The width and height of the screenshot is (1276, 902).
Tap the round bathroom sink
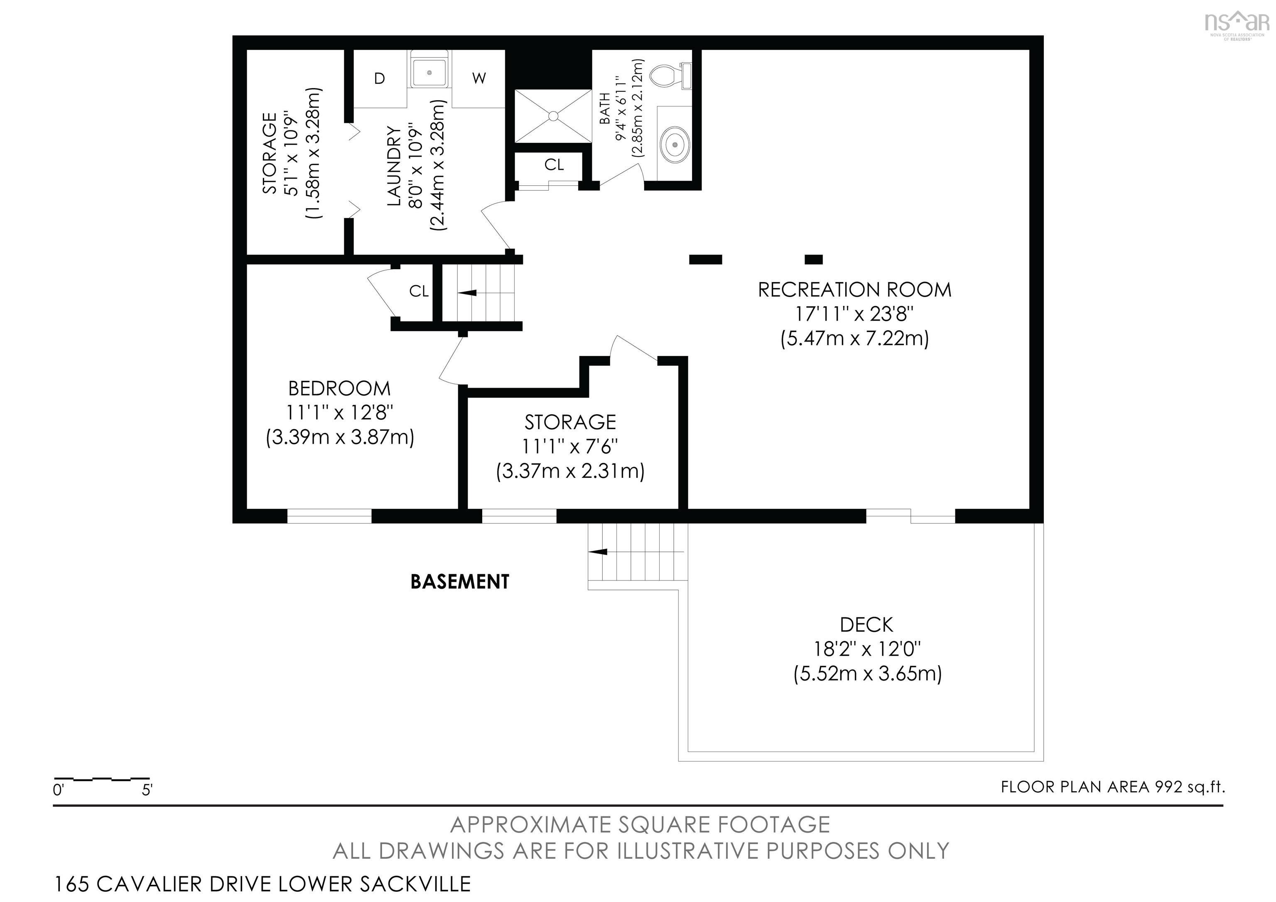click(675, 144)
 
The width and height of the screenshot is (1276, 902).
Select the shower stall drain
click(553, 116)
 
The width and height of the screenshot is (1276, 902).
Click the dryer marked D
click(380, 79)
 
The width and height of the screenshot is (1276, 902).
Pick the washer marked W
click(478, 79)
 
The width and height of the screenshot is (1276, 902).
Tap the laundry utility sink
click(429, 69)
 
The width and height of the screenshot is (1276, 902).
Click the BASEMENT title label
click(460, 581)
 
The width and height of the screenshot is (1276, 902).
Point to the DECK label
click(866, 625)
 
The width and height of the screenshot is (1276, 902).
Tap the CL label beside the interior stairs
click(419, 291)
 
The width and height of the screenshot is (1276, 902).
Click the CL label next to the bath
click(554, 165)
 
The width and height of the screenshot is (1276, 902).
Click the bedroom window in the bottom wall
click(329, 516)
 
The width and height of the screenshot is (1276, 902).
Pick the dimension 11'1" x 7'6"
click(570, 446)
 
